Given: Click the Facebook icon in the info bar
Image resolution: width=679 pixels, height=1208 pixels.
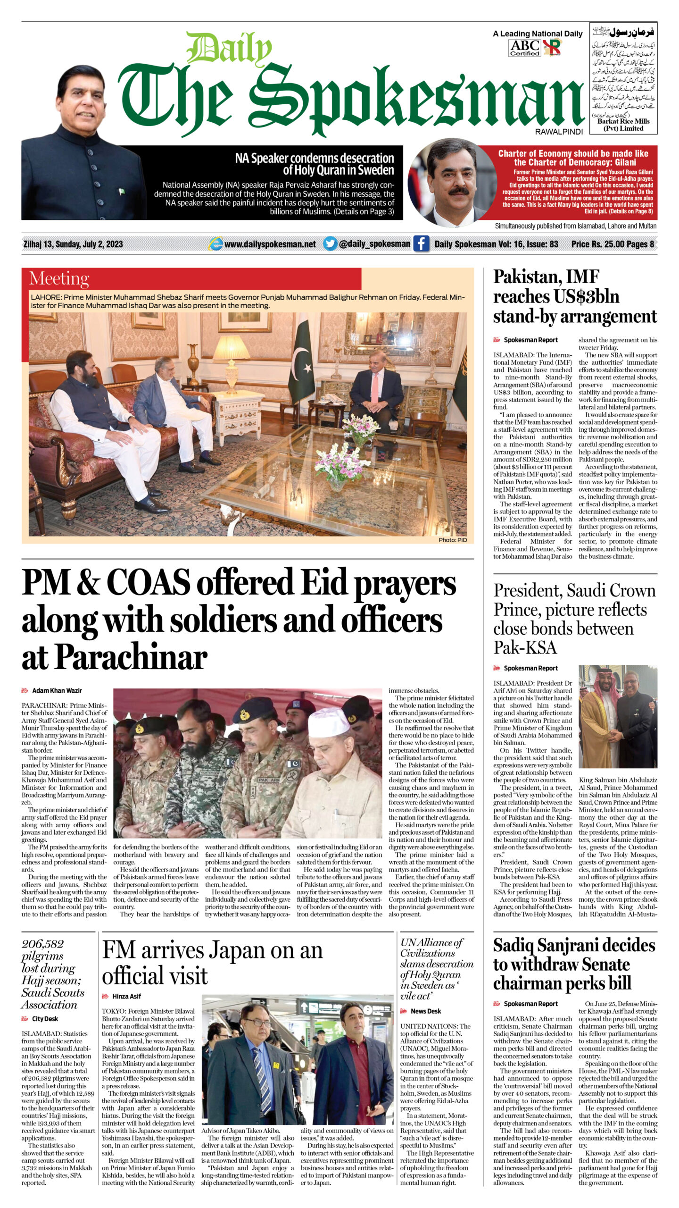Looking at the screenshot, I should click(x=421, y=244).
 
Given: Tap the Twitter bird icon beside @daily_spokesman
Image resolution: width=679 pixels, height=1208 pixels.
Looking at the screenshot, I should click(x=330, y=244).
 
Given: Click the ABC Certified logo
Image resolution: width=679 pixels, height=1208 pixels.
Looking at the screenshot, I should click(x=524, y=48).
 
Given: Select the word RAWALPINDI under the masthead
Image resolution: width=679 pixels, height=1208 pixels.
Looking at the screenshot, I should click(x=559, y=132).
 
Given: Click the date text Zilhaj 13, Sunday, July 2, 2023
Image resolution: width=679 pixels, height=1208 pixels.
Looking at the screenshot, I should click(x=73, y=244).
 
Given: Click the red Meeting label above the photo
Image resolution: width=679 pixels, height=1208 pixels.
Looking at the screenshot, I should click(x=59, y=278).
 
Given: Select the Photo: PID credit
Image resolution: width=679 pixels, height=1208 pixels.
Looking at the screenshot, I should click(x=452, y=540).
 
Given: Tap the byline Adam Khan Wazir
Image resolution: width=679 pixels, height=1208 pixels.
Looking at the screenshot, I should click(x=57, y=690).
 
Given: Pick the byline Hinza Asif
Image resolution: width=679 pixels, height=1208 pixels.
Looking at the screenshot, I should click(x=126, y=996).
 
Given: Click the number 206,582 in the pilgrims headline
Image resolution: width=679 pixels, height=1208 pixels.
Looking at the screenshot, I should click(x=42, y=944).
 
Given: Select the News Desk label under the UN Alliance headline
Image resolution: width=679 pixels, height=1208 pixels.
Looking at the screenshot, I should click(x=426, y=1011).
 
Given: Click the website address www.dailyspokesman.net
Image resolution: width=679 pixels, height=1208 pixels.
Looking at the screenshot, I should click(x=270, y=244).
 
